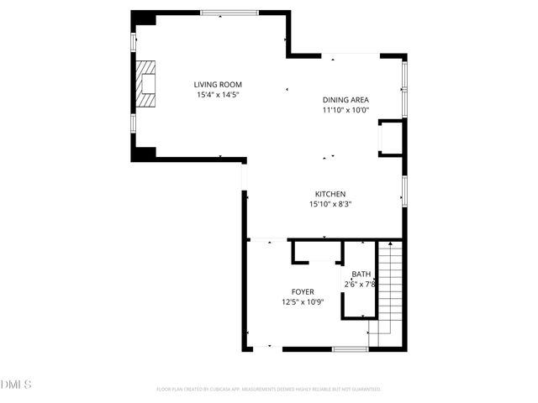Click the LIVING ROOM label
point(218,85)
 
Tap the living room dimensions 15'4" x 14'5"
point(218,95)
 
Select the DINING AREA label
point(345,100)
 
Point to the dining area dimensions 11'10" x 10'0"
point(345,110)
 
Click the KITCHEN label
point(330,194)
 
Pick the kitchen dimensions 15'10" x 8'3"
point(330,204)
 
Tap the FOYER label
point(303,292)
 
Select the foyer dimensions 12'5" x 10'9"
point(303,302)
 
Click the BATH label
point(361,275)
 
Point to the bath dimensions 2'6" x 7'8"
point(360,285)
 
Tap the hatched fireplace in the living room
point(147,85)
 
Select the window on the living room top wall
point(229,13)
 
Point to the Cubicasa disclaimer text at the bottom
point(269,390)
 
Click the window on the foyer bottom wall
point(351,348)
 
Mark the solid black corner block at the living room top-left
point(144,18)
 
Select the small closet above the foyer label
point(317,252)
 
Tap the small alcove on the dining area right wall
point(391,137)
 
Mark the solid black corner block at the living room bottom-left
point(144,154)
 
